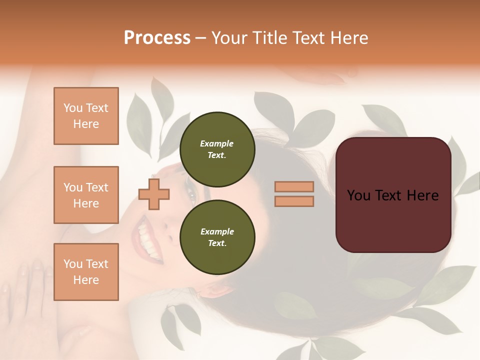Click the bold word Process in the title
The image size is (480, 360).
157,37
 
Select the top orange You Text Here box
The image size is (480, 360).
86,116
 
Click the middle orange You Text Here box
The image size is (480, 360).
86,195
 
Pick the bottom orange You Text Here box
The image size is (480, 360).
86,271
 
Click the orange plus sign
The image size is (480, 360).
154,194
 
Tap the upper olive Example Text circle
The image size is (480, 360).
217,149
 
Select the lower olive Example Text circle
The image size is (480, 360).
217,237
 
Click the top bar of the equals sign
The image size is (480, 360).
294,186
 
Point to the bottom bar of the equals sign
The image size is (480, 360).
294,201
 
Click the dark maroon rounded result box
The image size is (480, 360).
393,194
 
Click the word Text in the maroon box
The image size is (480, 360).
393,195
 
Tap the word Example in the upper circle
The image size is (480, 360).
217,143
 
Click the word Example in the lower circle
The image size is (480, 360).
217,231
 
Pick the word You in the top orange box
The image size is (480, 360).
72,108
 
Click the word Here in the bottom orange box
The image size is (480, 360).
86,280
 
